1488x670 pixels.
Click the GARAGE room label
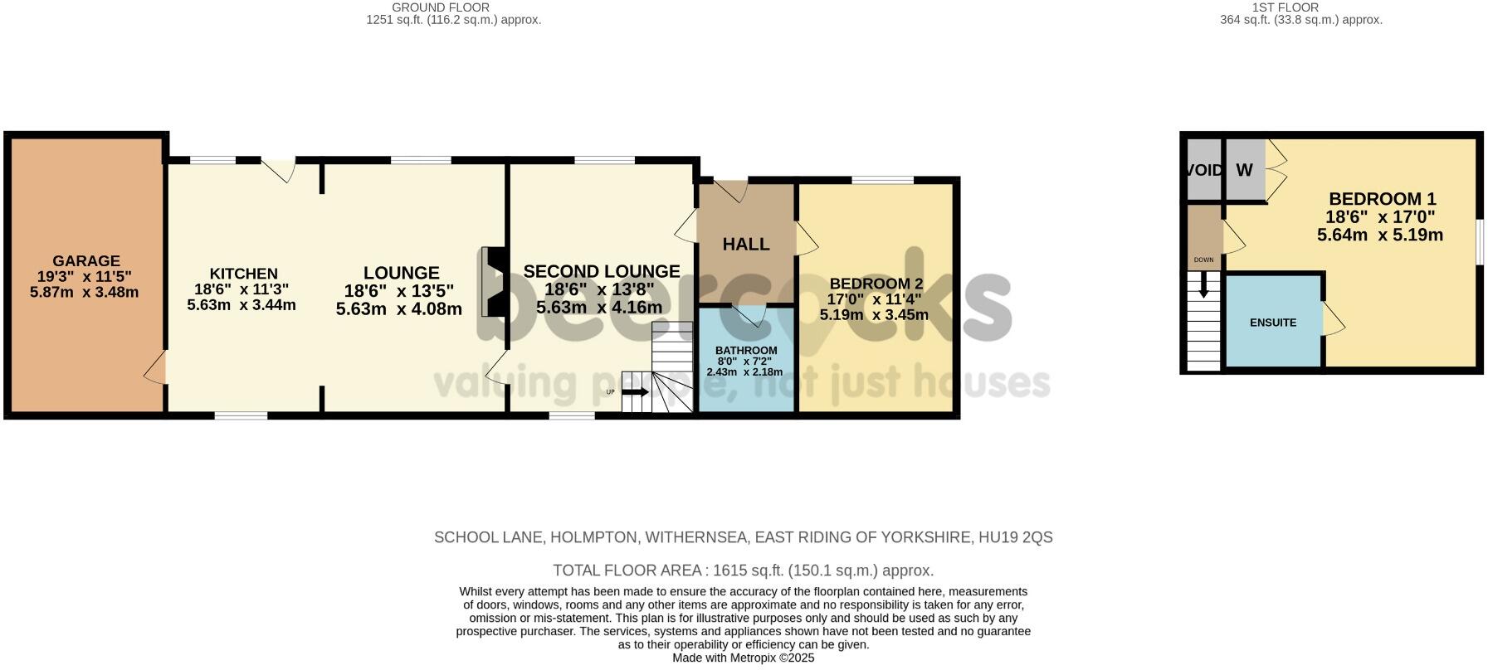point(86,261)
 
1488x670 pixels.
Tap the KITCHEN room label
point(243,274)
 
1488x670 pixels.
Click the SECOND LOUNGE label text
point(602,271)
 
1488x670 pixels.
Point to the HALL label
point(746,244)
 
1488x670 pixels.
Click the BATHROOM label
point(746,351)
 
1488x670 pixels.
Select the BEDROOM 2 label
point(876,284)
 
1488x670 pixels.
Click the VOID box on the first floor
point(1203,170)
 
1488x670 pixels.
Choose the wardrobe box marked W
point(1244,170)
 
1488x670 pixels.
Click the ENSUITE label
point(1272,323)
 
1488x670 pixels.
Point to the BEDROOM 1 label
point(1382,199)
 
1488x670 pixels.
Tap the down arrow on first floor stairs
point(1203,288)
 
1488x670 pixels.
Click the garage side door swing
point(155,368)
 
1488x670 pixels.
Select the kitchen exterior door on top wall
point(278,170)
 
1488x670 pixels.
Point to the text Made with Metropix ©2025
point(743,658)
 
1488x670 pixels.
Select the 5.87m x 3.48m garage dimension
point(84,293)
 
